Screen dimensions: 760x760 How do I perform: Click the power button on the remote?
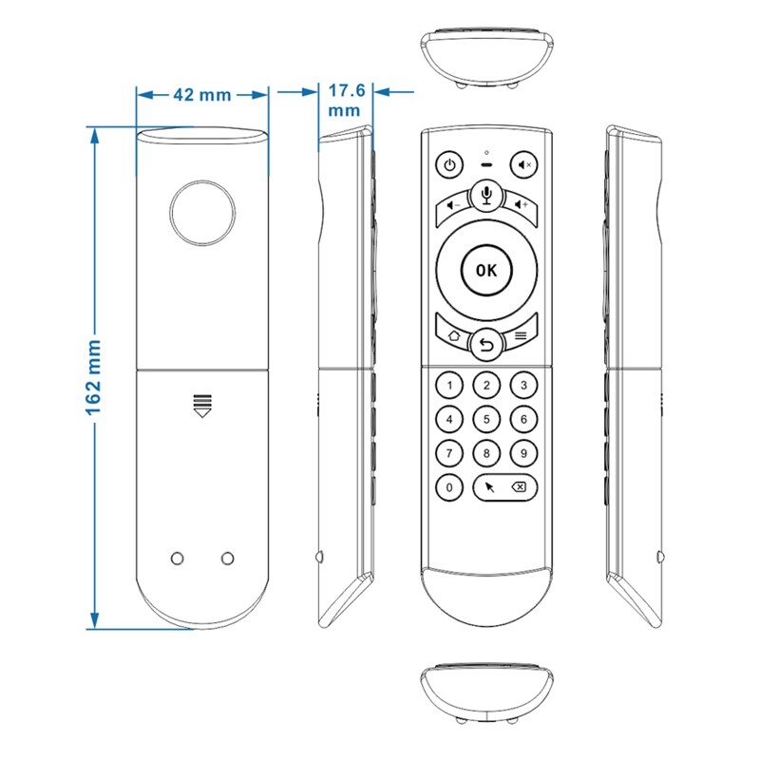tap(449, 164)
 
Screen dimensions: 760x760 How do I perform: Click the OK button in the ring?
tap(486, 269)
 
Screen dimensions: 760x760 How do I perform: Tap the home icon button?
tap(453, 334)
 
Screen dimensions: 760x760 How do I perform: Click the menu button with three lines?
tap(521, 334)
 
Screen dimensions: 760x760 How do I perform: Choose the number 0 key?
tap(449, 487)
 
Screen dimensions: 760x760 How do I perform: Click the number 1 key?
tap(449, 385)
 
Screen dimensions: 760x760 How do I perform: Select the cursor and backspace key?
tap(504, 487)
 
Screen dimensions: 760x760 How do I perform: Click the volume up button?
tap(519, 203)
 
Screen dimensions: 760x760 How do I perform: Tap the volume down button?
tap(454, 203)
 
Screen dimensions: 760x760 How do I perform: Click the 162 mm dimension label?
tap(96, 377)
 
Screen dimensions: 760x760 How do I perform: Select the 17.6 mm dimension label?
tap(345, 101)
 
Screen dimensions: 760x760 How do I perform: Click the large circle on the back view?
tap(203, 212)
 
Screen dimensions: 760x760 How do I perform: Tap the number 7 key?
tap(449, 453)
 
